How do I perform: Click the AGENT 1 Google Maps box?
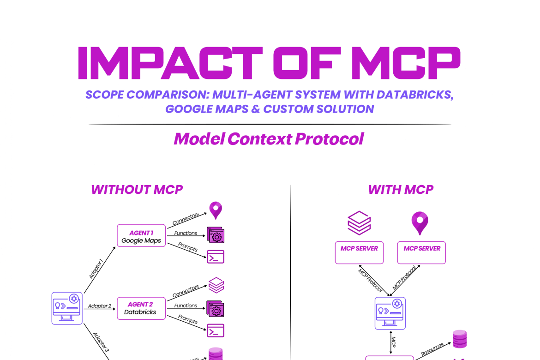click(141, 236)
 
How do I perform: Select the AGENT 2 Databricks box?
click(141, 308)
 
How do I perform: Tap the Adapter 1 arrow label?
click(96, 269)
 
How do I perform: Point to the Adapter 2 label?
click(100, 306)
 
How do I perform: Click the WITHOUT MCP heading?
click(137, 190)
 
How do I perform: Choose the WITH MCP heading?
click(401, 190)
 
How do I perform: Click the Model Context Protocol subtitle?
click(269, 138)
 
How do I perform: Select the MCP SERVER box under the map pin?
click(421, 252)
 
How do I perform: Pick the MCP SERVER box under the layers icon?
click(359, 252)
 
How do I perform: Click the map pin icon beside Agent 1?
click(216, 210)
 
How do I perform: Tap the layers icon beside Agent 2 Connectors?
click(216, 285)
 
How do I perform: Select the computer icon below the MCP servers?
click(390, 313)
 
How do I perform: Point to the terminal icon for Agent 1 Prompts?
click(216, 257)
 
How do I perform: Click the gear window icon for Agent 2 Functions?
click(216, 309)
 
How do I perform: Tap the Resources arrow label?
click(432, 349)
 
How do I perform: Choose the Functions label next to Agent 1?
click(186, 233)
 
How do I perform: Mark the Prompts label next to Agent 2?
click(187, 320)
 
